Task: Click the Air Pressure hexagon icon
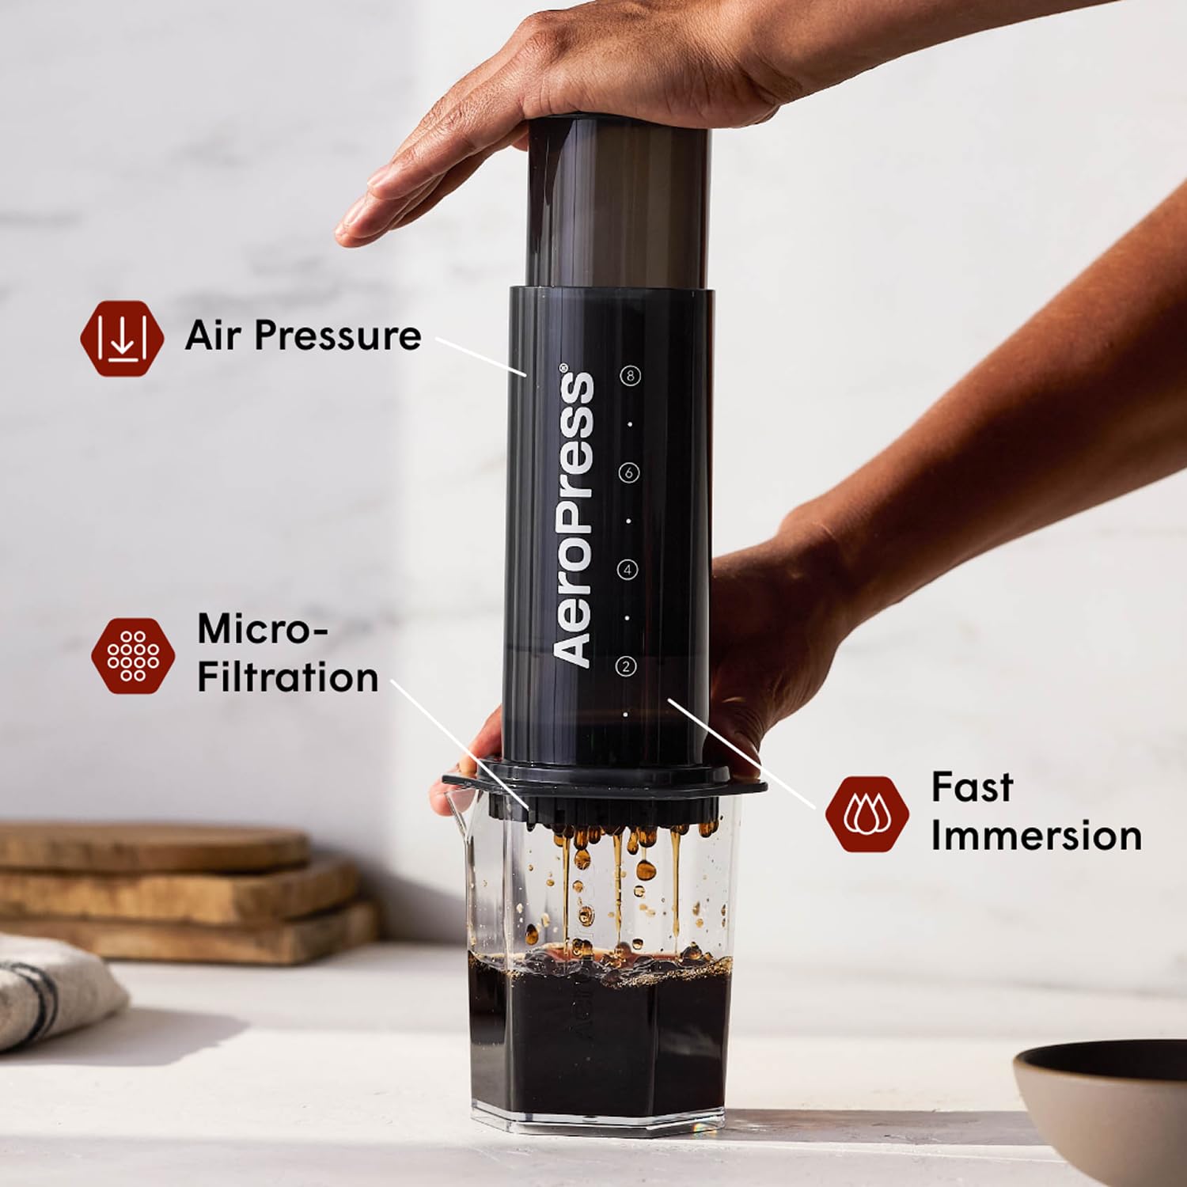pos(122,338)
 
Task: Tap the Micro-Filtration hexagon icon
pos(132,655)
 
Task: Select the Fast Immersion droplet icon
pos(867,813)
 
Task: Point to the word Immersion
pos(1036,836)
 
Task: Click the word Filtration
pos(287,678)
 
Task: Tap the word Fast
pos(972,787)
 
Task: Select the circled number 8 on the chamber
pos(630,376)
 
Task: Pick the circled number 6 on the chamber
pos(628,473)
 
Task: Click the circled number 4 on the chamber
pos(628,570)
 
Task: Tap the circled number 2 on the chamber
pos(626,667)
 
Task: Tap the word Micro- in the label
pos(261,630)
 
